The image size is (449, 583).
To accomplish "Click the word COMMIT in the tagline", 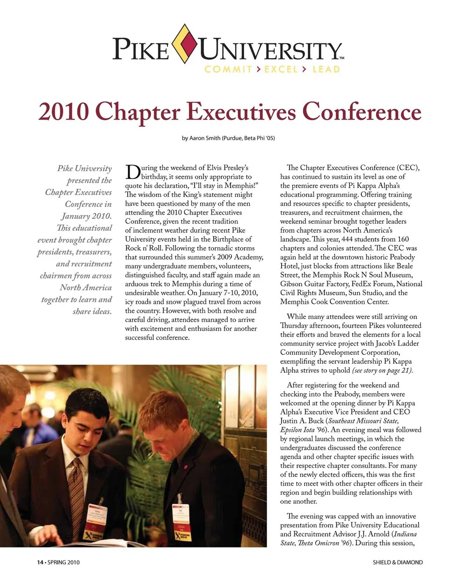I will [x=228, y=69].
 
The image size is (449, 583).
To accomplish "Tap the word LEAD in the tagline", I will [x=326, y=69].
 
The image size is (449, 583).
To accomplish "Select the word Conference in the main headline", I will [x=361, y=112].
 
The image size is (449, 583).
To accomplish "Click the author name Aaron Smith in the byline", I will [x=204, y=138].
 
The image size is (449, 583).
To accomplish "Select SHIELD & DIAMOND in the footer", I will [x=398, y=562].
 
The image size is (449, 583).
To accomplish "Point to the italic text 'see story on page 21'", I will [x=382, y=370].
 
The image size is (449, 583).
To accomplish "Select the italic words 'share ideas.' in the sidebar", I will [x=92, y=311].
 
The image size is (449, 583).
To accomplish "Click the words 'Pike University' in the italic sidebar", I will [x=85, y=168].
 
